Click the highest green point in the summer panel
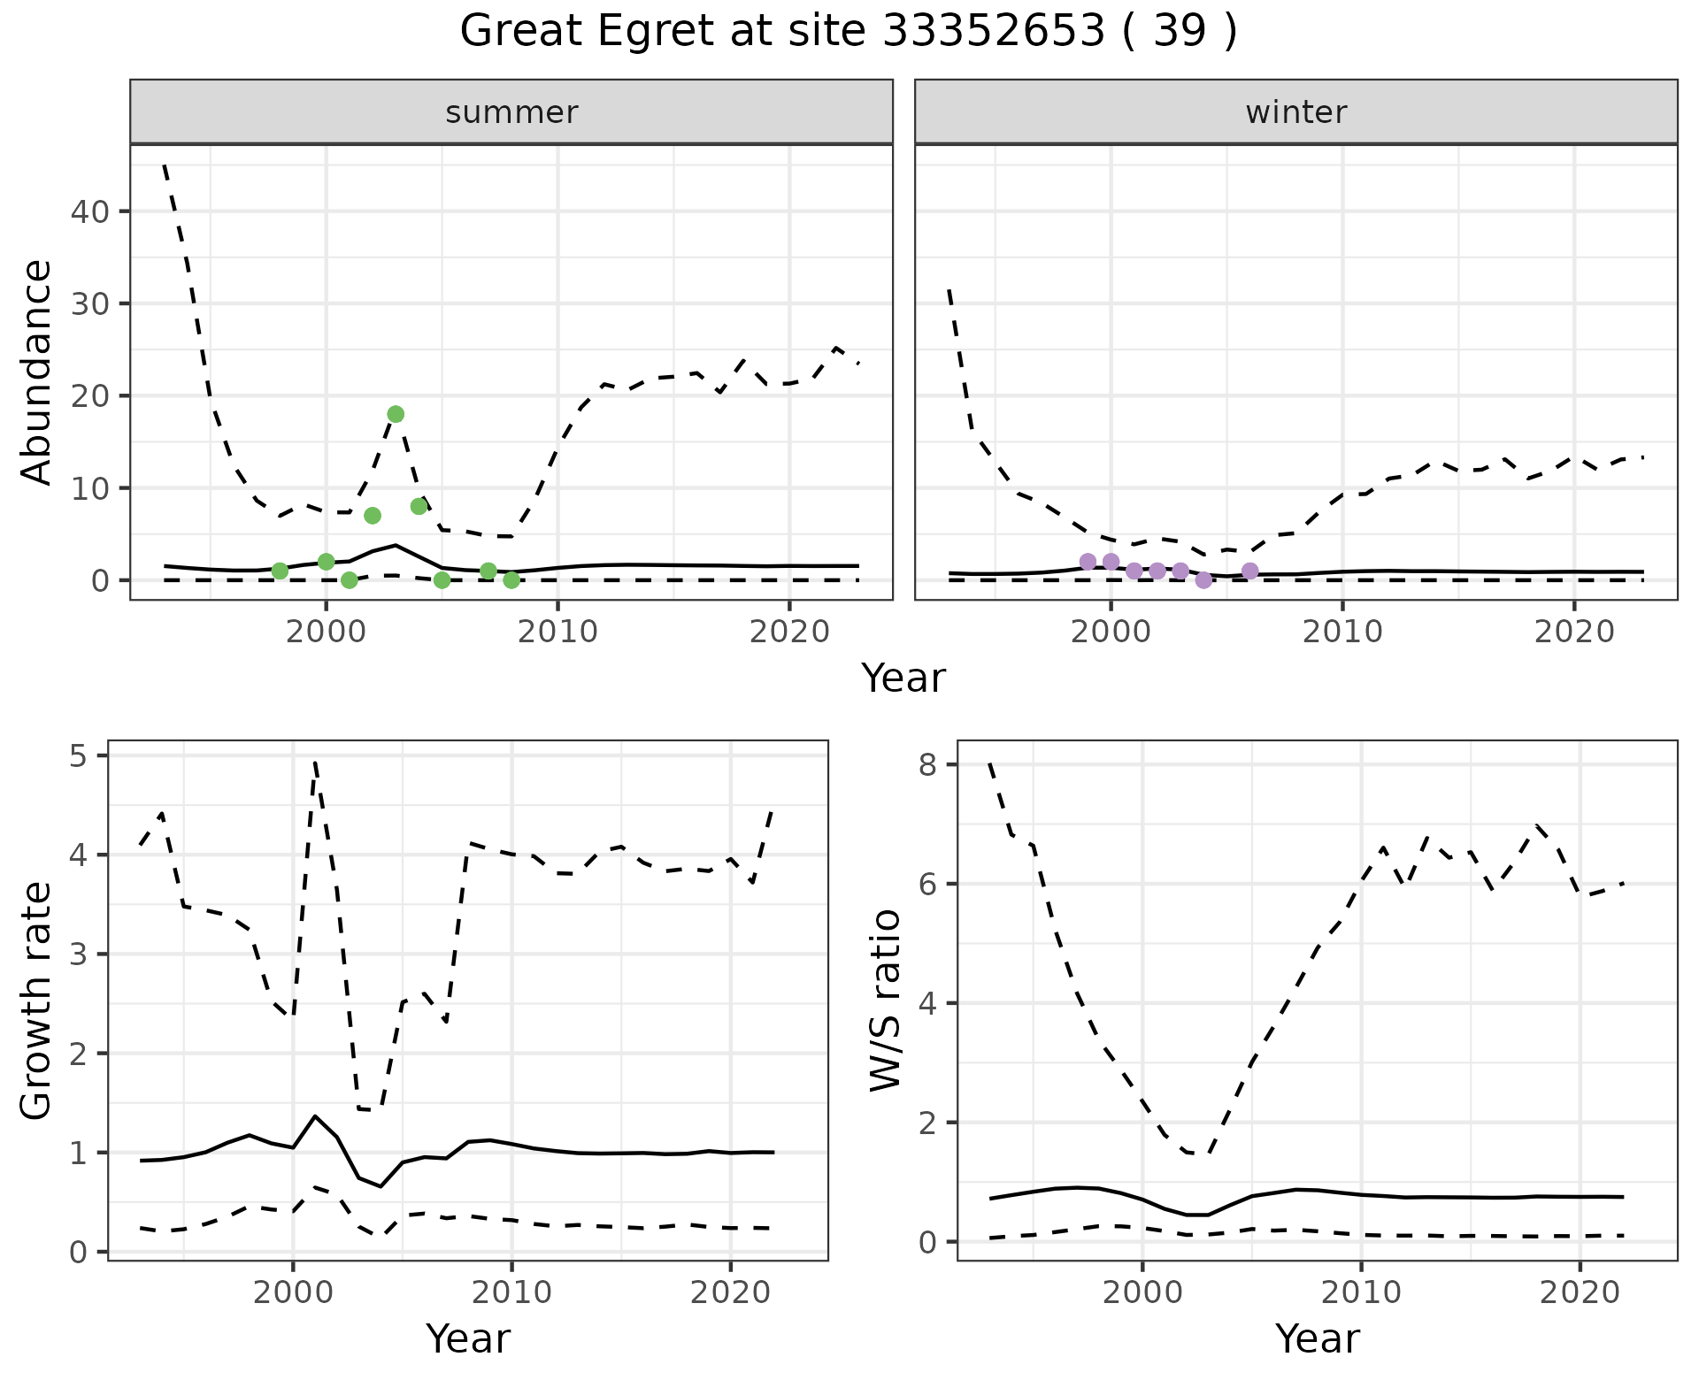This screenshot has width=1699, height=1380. click(x=396, y=414)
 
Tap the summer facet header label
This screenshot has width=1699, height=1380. click(x=511, y=112)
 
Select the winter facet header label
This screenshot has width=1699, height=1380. click(x=1295, y=112)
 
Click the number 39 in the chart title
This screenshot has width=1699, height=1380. click(x=1180, y=32)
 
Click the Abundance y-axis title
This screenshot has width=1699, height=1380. click(x=37, y=372)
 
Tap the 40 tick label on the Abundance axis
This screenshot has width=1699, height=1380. click(x=93, y=211)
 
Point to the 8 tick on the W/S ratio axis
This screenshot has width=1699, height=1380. click(x=928, y=764)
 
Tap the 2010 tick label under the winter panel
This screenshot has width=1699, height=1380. click(x=1342, y=632)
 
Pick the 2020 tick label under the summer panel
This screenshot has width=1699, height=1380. click(x=788, y=632)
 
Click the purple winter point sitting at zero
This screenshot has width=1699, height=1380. click(x=1203, y=580)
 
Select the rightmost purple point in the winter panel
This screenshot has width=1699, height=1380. click(x=1249, y=571)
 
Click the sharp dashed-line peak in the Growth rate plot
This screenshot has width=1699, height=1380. click(x=315, y=762)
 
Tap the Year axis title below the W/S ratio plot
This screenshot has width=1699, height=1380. click(x=1317, y=1338)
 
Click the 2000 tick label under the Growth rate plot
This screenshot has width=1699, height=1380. click(x=293, y=1292)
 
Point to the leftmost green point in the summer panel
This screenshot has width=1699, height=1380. click(x=280, y=571)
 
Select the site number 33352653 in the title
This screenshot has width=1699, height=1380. click(x=995, y=32)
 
